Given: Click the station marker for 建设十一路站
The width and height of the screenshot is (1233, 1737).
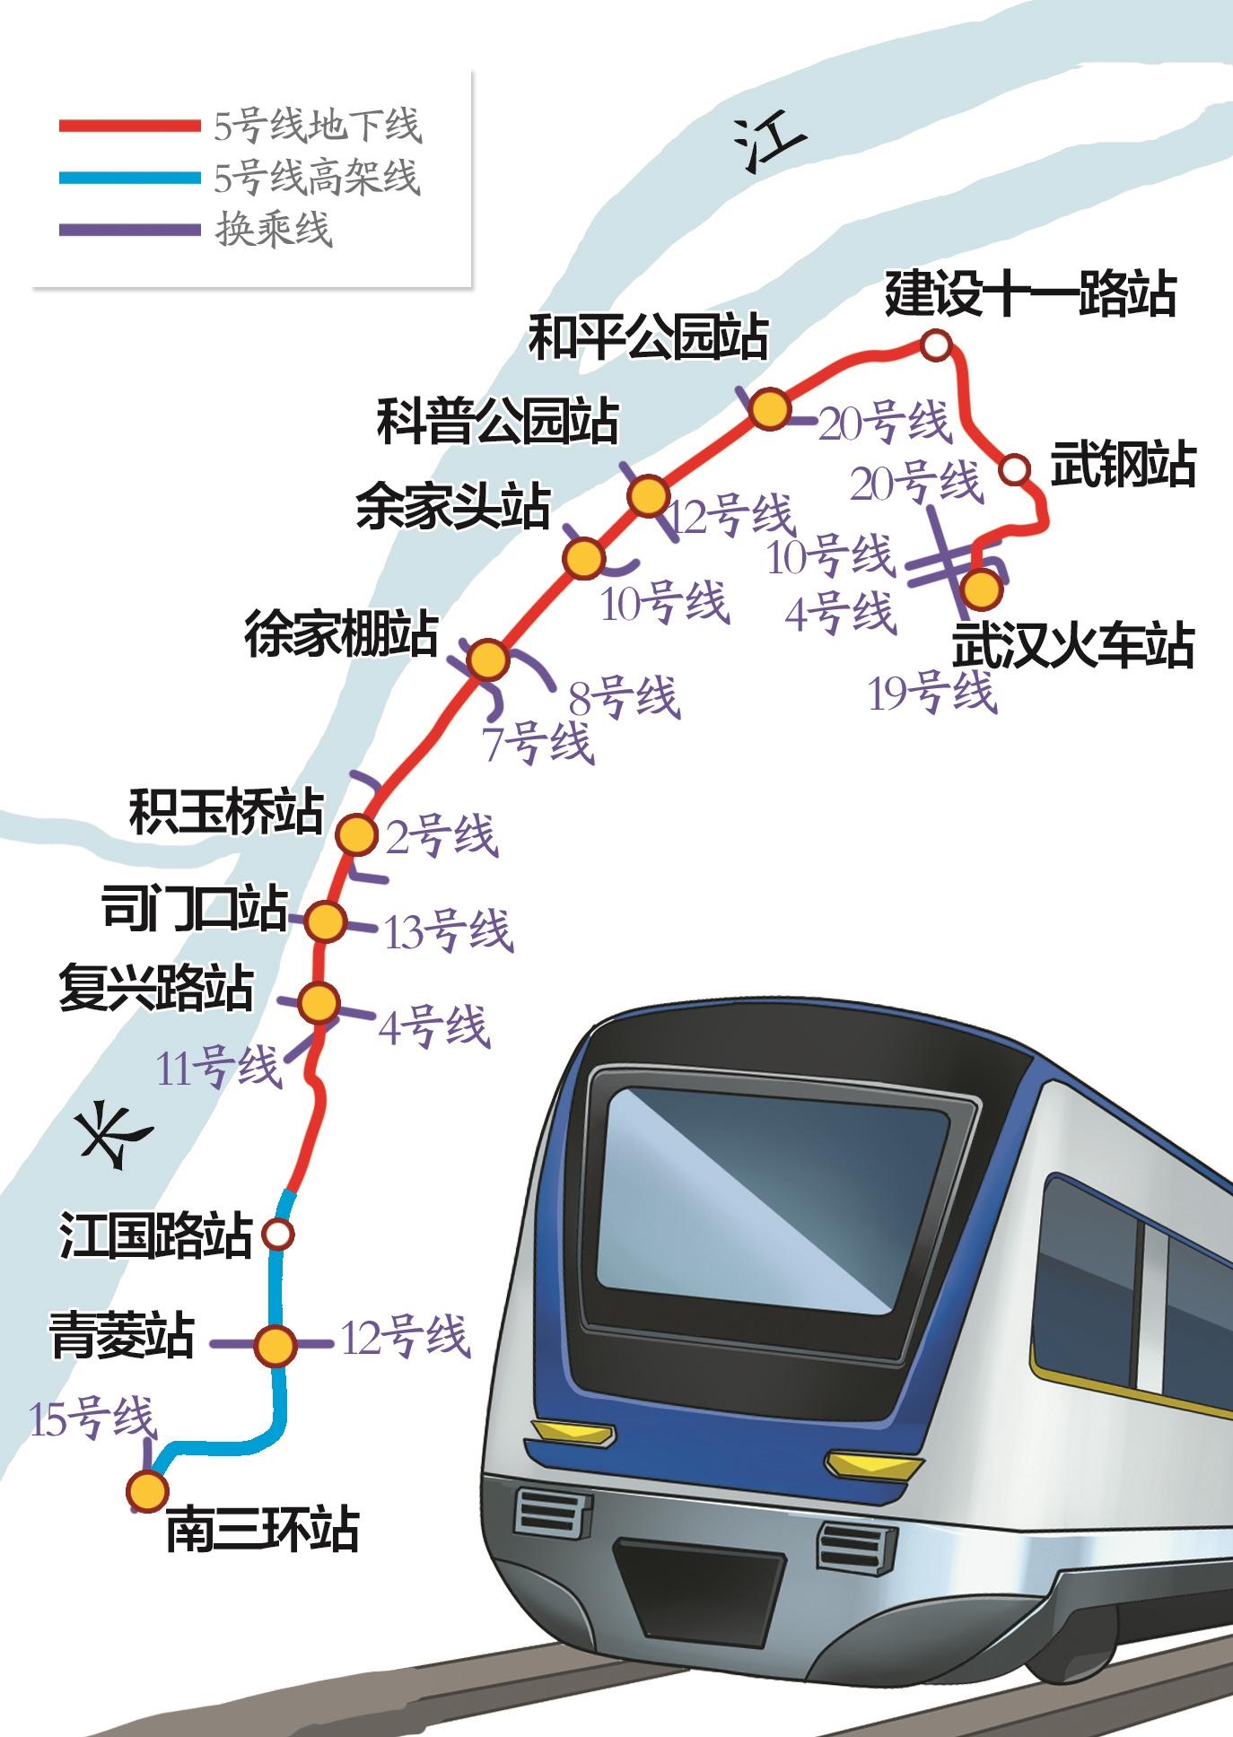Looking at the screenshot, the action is [x=935, y=345].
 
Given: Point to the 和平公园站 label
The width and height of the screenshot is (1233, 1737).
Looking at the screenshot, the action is [x=648, y=337].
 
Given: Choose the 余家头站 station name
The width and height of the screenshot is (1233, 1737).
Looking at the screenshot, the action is [x=453, y=507].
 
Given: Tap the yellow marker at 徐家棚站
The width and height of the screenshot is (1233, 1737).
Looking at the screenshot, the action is [x=488, y=660].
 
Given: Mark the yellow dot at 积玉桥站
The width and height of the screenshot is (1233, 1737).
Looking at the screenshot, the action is [x=356, y=834].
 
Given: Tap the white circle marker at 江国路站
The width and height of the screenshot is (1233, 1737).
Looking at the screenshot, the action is [x=278, y=1235].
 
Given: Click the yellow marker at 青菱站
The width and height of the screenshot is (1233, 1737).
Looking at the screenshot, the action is [x=275, y=1343].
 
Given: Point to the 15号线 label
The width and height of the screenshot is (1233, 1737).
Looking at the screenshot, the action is [x=93, y=1418].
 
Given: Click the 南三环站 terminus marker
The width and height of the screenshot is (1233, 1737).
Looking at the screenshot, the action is [x=146, y=1490].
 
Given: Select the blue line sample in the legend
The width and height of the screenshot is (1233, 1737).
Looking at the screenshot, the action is [x=129, y=178].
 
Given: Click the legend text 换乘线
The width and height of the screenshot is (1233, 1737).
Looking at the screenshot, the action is [x=274, y=230].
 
